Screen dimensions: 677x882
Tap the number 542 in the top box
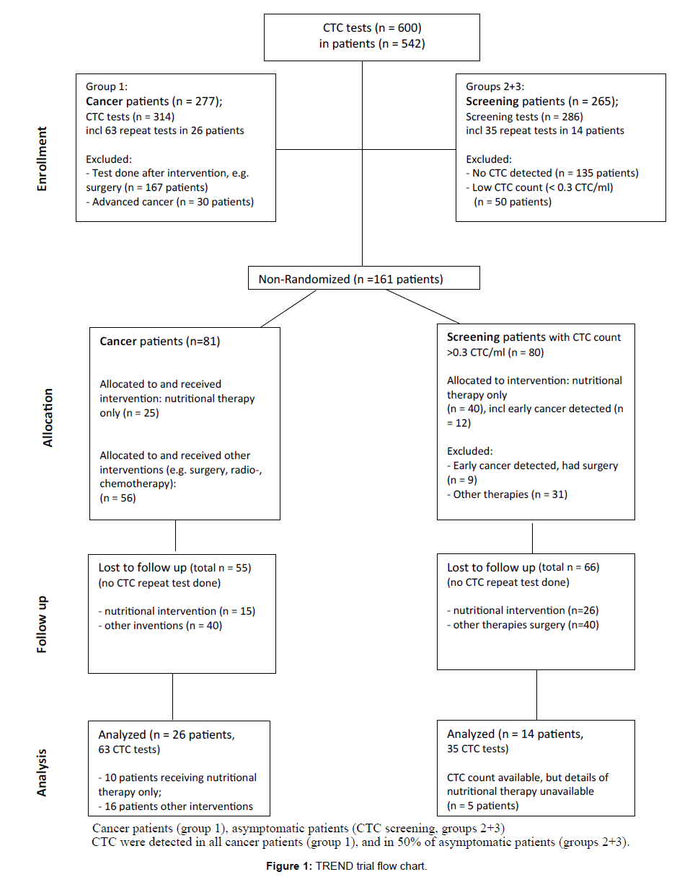[411, 43]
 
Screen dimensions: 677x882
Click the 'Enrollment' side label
[42, 159]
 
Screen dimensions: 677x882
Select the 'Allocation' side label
[48, 418]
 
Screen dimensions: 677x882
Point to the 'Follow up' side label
[42, 624]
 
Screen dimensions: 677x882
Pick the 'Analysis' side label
[42, 772]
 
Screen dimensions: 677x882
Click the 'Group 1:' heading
[107, 86]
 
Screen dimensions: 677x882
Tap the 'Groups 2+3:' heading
[495, 86]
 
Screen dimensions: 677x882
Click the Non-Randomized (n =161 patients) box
[364, 277]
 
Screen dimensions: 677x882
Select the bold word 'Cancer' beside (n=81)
[118, 341]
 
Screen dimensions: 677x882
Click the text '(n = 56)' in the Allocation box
[118, 498]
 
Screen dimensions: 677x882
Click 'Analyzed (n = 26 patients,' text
[167, 734]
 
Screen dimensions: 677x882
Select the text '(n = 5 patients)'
[483, 806]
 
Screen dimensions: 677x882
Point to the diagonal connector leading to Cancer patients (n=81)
[288, 308]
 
